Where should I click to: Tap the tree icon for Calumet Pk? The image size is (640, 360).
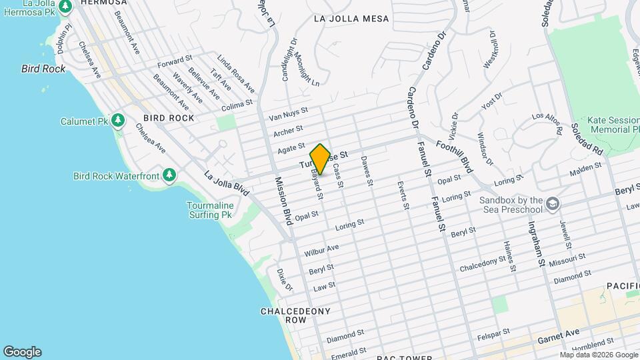pos(119,120)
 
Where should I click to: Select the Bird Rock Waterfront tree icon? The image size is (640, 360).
pos(170,175)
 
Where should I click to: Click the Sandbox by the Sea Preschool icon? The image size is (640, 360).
pos(552,203)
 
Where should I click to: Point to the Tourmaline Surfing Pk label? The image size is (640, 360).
pos(213,210)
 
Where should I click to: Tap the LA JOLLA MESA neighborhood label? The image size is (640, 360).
pos(351,19)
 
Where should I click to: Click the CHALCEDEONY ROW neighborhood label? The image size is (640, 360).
pos(283,315)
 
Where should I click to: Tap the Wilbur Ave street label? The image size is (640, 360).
pos(321,251)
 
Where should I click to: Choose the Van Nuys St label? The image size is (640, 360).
pos(288,114)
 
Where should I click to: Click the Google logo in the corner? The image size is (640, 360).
pos(22,351)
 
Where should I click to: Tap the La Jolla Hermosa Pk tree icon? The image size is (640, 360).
pos(65,7)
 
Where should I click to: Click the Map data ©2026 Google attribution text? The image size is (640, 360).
pos(598,355)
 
